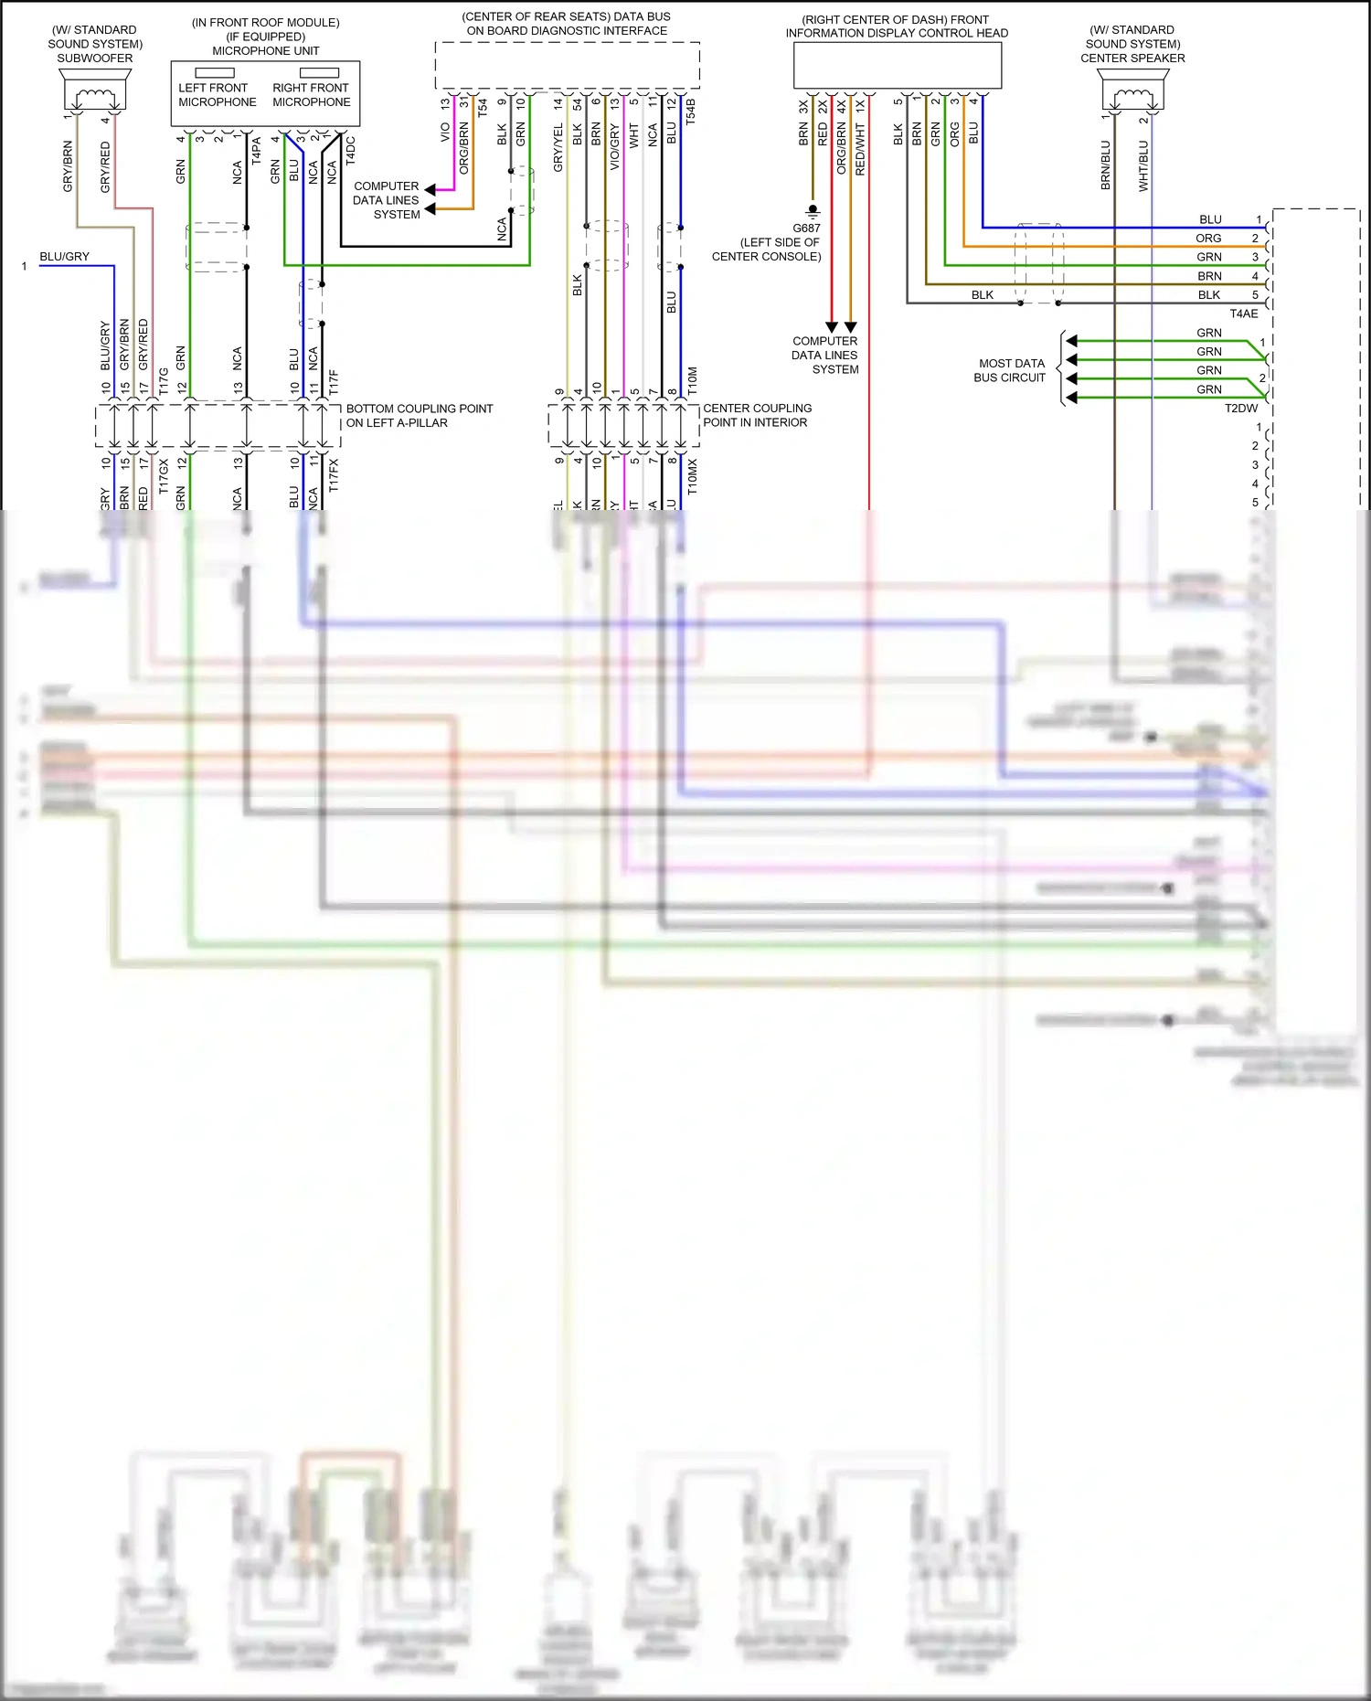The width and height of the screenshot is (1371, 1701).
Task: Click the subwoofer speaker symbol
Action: [96, 91]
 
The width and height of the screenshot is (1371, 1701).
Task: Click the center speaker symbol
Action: [1133, 92]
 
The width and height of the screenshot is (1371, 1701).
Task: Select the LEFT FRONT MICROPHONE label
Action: [217, 95]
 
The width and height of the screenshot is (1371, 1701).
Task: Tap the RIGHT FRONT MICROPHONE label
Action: [311, 95]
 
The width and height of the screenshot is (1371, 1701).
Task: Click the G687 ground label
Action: [806, 228]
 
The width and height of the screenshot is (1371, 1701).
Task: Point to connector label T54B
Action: [691, 111]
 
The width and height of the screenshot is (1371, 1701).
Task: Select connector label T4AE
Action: [1243, 314]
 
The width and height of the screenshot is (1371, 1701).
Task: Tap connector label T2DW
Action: [1241, 409]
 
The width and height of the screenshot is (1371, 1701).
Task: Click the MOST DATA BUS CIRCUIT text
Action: [1010, 370]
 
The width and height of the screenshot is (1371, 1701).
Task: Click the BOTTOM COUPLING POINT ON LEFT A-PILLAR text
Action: [419, 416]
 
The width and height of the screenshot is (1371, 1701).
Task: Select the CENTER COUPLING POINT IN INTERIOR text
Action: [757, 416]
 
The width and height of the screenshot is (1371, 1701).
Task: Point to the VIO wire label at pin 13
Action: [445, 133]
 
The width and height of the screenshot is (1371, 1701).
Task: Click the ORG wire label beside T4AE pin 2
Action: [1208, 239]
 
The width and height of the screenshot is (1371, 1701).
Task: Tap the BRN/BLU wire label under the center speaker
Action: [1105, 165]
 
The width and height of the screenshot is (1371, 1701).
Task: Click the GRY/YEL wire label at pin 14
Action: [558, 147]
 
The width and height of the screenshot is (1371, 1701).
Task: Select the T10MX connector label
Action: [692, 477]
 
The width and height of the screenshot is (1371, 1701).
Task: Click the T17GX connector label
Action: [164, 476]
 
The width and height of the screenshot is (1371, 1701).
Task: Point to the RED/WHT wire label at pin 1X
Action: [860, 149]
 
